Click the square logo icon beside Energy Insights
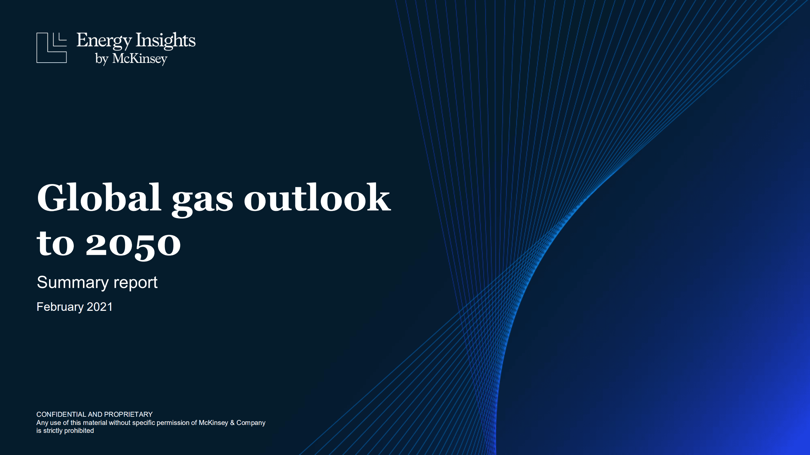(x=52, y=47)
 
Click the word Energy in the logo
(x=104, y=41)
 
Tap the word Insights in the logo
(x=166, y=41)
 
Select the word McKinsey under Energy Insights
(x=140, y=59)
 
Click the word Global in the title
(x=99, y=198)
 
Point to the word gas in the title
(x=202, y=200)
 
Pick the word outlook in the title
(x=317, y=198)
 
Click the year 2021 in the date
(x=100, y=307)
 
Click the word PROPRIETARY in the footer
(x=128, y=414)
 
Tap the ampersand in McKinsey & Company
(x=232, y=423)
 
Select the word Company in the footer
(x=251, y=423)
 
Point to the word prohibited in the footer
(x=79, y=431)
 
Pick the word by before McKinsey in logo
(x=102, y=59)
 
